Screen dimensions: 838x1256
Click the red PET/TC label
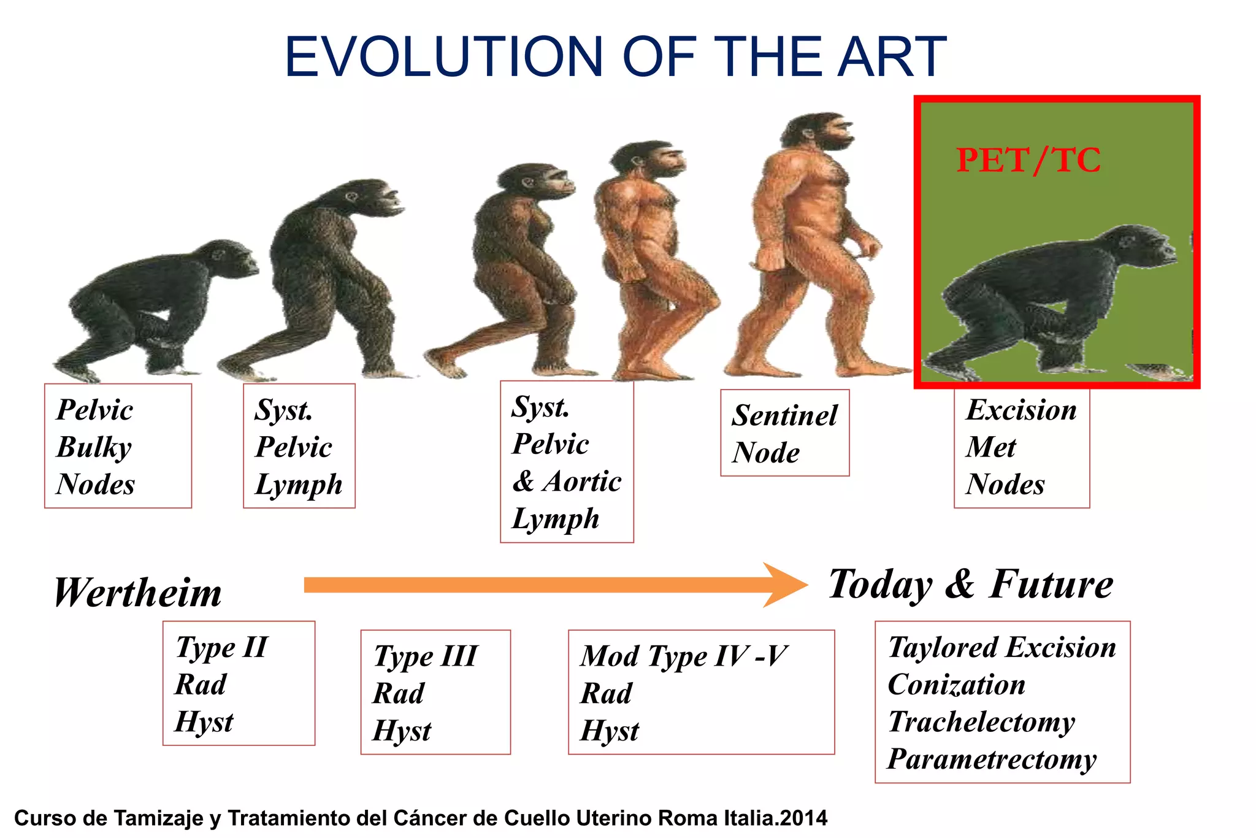click(1028, 161)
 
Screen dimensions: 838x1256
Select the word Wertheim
click(138, 593)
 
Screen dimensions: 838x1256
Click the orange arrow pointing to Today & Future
click(552, 585)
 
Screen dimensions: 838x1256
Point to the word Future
click(1051, 585)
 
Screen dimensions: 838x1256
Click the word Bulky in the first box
click(94, 447)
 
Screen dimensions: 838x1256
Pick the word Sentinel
click(784, 416)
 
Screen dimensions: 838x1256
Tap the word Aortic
click(581, 482)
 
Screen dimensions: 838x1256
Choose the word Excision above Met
click(1021, 410)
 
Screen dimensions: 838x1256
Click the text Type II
click(221, 647)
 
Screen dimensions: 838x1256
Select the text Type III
click(426, 656)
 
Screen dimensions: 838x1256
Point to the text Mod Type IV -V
click(683, 656)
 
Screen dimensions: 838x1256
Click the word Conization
click(956, 685)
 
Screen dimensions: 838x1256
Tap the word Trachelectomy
click(981, 722)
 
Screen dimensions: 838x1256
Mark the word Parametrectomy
click(992, 759)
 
